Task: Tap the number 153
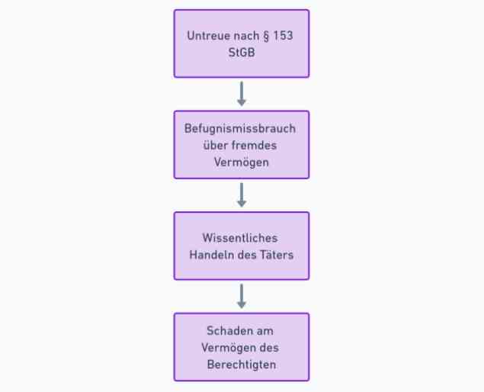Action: click(283, 36)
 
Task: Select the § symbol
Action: click(266, 36)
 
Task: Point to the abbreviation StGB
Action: click(242, 52)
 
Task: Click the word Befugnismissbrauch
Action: click(240, 128)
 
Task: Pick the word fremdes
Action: click(254, 145)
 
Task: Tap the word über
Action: click(215, 145)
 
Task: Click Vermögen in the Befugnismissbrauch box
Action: click(242, 162)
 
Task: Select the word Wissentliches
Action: click(240, 238)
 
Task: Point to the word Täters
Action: click(277, 255)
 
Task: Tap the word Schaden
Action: click(226, 331)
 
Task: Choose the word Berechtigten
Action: click(242, 365)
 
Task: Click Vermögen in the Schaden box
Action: click(229, 348)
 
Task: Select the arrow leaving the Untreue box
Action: click(242, 94)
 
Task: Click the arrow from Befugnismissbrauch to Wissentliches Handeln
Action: click(242, 195)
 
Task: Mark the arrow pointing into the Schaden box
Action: click(242, 296)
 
